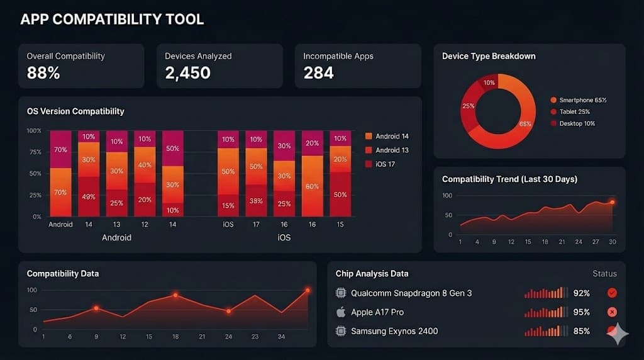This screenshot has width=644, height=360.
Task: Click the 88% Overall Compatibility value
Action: tap(43, 73)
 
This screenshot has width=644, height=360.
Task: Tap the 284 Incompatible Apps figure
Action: tap(319, 73)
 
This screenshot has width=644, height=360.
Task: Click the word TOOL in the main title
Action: tap(183, 20)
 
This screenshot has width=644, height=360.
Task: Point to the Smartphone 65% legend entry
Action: tap(578, 100)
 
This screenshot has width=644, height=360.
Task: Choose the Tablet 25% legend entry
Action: tap(572, 112)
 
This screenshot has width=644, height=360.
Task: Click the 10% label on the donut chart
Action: tap(489, 83)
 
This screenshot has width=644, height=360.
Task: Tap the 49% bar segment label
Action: tap(89, 196)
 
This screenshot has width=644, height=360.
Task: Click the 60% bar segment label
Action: tap(312, 186)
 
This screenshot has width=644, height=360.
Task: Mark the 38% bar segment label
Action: tap(256, 201)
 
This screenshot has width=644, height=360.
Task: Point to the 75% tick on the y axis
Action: tap(35, 152)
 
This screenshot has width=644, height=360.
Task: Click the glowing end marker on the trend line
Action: tap(612, 202)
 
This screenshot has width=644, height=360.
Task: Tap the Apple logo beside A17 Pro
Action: tap(341, 312)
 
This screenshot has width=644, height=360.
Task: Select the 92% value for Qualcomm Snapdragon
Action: tap(582, 293)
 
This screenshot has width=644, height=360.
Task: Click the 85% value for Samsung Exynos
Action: tap(582, 331)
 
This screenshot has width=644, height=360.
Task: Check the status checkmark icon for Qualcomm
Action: tap(612, 293)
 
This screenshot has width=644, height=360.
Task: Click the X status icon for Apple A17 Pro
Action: tap(612, 312)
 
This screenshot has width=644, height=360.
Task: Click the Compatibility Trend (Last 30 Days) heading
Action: tap(509, 179)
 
